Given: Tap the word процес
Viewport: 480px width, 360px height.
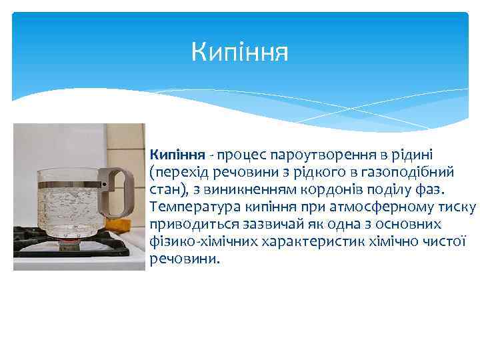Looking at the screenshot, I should point(224,155).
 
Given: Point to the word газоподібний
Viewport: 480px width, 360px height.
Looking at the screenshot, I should point(417,172).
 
